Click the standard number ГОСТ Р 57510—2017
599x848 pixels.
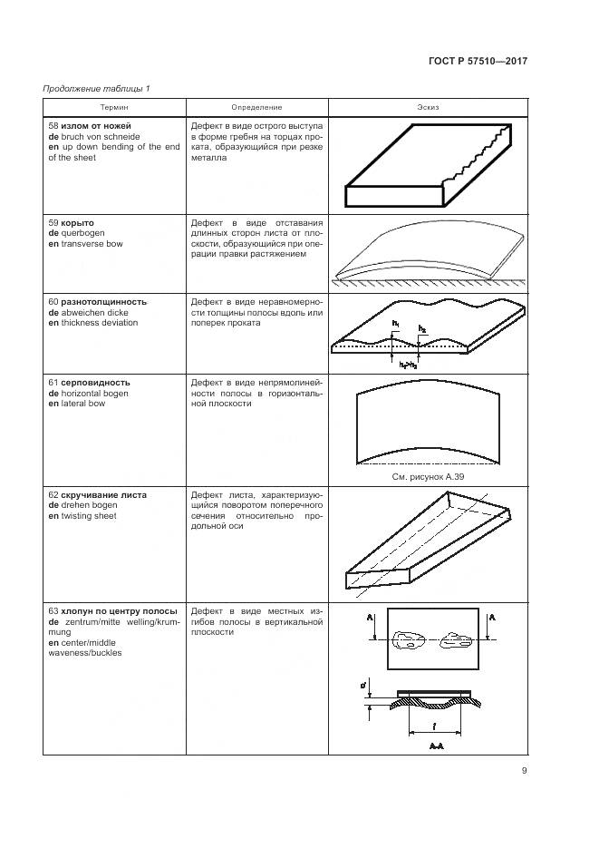(x=478, y=62)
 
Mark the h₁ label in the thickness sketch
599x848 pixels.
(x=396, y=323)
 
